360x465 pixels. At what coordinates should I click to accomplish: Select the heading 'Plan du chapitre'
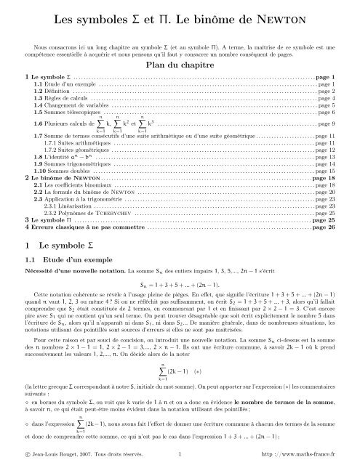point(180,64)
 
